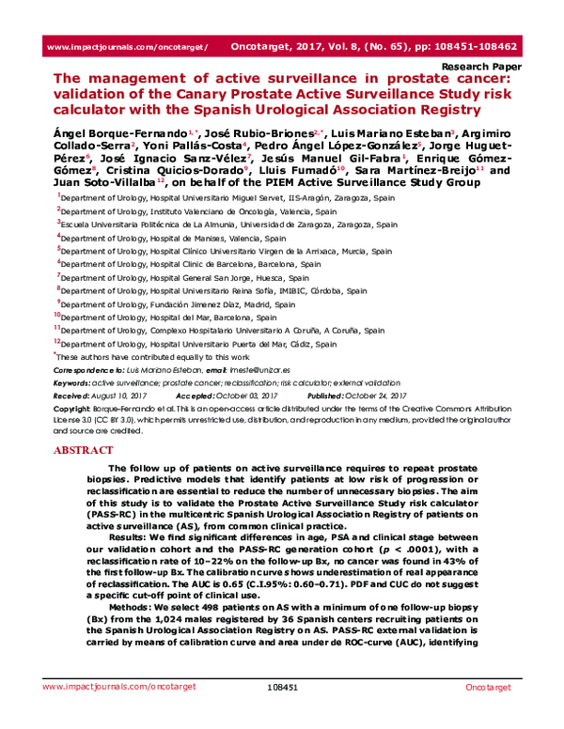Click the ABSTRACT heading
click(81, 450)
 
